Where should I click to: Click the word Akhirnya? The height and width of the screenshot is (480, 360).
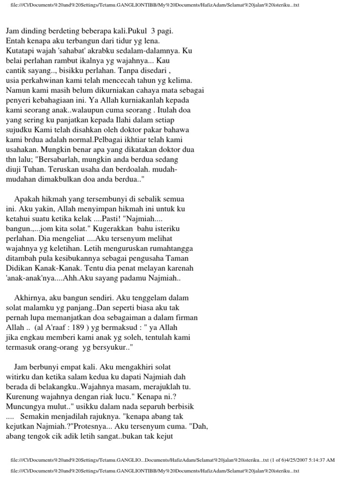click(30, 298)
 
